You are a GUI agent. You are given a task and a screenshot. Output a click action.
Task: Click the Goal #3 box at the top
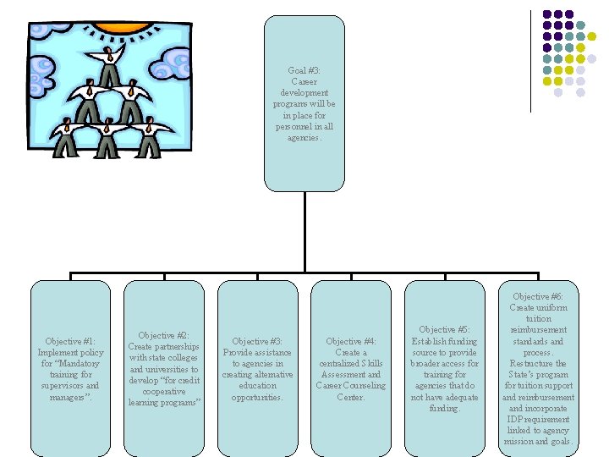click(x=304, y=103)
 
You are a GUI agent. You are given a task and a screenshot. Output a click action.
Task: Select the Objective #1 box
click(x=70, y=364)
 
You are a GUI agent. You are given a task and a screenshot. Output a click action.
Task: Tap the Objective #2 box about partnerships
click(x=164, y=364)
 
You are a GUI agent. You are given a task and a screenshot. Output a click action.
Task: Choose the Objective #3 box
click(x=257, y=364)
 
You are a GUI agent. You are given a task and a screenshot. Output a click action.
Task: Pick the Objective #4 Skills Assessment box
click(x=351, y=364)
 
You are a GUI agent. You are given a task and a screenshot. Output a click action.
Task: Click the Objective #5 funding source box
click(x=444, y=364)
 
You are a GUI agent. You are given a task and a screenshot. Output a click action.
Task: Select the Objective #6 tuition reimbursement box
click(x=538, y=364)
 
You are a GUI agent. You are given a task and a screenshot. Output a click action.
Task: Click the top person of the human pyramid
click(x=111, y=63)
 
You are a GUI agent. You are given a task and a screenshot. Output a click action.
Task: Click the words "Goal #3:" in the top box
click(x=304, y=70)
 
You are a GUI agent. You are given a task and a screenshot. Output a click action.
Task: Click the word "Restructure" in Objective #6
click(x=527, y=363)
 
